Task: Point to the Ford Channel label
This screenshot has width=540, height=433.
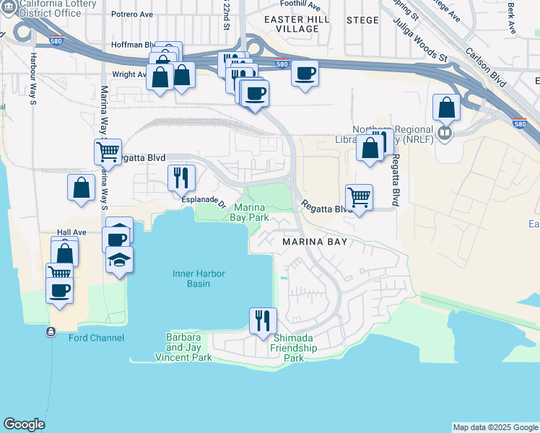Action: click(x=96, y=338)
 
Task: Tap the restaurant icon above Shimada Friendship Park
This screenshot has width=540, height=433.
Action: click(x=263, y=320)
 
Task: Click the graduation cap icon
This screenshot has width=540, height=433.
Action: click(x=119, y=258)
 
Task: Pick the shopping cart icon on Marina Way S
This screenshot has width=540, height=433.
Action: click(x=108, y=152)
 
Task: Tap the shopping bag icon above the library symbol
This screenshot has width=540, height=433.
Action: click(x=447, y=108)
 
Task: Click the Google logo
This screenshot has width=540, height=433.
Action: click(x=24, y=424)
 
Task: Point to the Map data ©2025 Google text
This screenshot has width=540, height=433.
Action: click(x=495, y=427)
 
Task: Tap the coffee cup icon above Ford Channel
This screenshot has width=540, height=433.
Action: click(x=59, y=290)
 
